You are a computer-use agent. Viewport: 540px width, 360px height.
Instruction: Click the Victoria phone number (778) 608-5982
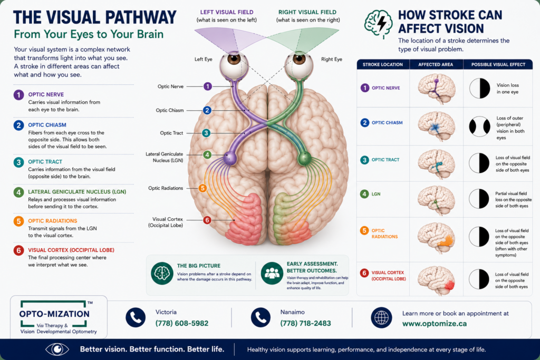[182, 323]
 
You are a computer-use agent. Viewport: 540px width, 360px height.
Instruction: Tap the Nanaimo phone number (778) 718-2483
[305, 323]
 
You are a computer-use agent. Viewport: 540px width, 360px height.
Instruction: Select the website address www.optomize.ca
[435, 324]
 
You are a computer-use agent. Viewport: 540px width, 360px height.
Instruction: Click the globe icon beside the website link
[381, 317]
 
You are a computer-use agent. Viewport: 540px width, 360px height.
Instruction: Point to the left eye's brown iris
[234, 59]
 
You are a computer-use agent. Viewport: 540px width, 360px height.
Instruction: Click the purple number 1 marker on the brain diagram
[207, 86]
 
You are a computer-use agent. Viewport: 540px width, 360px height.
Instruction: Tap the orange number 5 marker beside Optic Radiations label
[202, 188]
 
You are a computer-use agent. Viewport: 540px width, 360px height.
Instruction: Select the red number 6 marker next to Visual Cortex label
[207, 220]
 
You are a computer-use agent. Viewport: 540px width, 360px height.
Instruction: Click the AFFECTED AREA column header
[436, 64]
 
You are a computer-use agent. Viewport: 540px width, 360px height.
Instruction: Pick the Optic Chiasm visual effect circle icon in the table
[479, 127]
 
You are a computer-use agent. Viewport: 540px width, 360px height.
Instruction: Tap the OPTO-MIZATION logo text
[54, 314]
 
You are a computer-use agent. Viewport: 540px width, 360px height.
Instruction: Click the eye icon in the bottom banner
[57, 349]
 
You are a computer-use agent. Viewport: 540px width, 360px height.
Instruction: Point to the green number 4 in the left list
[18, 192]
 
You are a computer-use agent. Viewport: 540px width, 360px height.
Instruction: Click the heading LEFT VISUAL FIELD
[227, 12]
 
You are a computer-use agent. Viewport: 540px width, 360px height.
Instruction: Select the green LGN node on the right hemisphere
[304, 158]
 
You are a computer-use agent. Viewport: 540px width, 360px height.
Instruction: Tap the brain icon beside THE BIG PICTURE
[162, 273]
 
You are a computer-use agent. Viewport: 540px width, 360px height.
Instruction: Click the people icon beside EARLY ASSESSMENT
[272, 273]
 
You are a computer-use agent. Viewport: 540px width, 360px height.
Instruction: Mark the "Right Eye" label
[332, 59]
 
